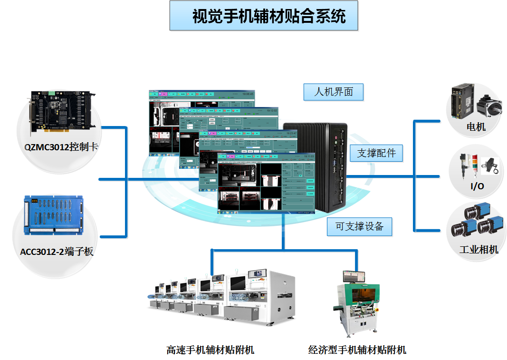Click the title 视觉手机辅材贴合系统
[264, 17]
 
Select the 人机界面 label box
[334, 92]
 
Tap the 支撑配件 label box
[376, 153]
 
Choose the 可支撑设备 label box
[359, 226]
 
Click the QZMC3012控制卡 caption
[61, 147]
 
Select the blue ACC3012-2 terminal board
[55, 216]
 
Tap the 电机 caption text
[476, 127]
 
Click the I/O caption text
[477, 186]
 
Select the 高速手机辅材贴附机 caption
[210, 350]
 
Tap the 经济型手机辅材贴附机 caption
[357, 350]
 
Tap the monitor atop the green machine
[354, 276]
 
